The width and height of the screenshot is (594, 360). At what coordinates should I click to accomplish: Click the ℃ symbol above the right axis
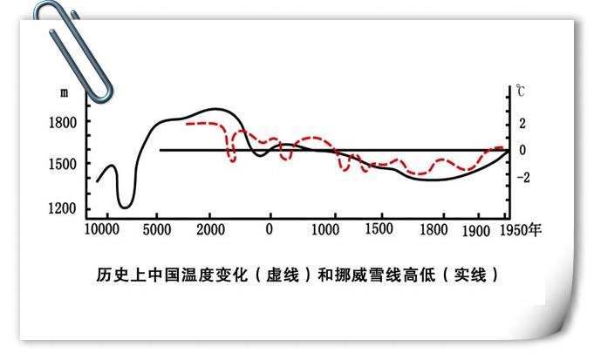[520, 91]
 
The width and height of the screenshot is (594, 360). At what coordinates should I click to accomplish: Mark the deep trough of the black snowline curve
[124, 205]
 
